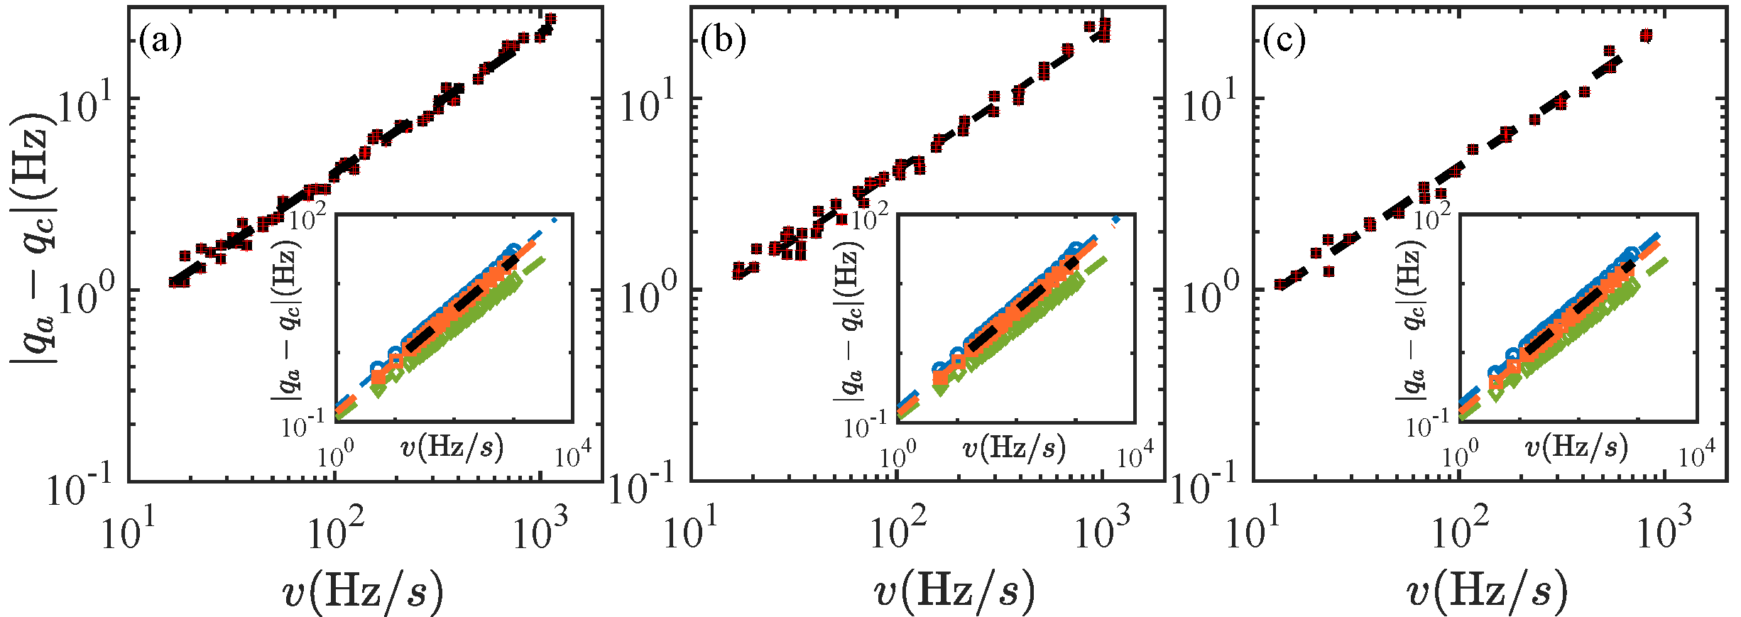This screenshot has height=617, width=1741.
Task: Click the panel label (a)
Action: tap(160, 40)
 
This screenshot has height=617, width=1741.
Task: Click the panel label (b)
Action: tap(723, 40)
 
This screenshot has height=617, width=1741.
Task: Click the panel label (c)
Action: tap(1284, 40)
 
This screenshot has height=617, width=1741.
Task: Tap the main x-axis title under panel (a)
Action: tap(363, 589)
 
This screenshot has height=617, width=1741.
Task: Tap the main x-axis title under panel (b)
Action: tap(954, 589)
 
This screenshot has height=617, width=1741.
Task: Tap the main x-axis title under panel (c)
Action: tap(1486, 589)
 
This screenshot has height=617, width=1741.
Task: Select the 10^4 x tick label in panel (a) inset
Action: tap(572, 454)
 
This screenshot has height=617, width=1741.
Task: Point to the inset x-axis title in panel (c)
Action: tap(1576, 447)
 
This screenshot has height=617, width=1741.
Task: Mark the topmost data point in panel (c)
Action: tap(1661, 36)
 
